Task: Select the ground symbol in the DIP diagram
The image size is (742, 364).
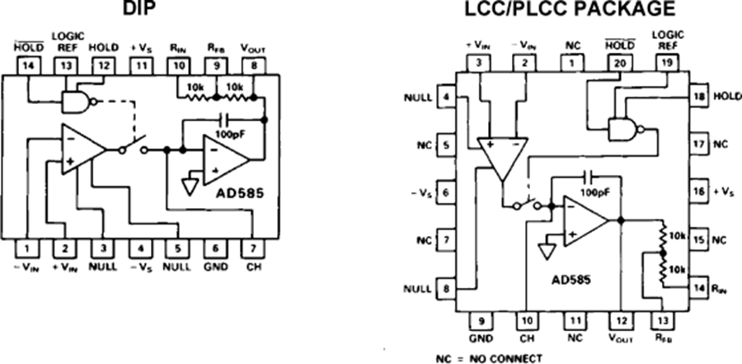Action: tap(190, 186)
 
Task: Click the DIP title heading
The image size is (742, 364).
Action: tap(141, 9)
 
